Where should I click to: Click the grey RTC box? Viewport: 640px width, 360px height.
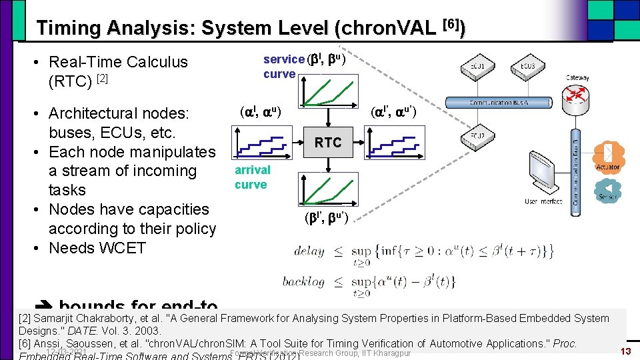[328, 143]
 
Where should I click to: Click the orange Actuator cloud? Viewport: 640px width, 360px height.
[607, 157]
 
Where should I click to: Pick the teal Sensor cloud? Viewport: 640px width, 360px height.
[607, 191]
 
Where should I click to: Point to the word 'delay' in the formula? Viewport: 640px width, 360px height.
[309, 251]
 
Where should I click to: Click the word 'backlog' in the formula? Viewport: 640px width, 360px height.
[303, 281]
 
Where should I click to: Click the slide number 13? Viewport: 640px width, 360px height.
[625, 351]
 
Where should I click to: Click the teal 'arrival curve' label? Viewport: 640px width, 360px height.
[252, 177]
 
